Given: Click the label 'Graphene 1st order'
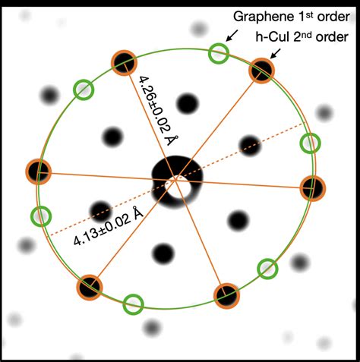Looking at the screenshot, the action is point(292,17).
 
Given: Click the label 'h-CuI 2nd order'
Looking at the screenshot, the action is point(302,37).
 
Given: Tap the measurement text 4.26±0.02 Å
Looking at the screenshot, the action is point(158,112).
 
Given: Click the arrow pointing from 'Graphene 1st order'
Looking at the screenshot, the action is point(232,36).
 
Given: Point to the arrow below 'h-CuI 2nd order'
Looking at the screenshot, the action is point(275,54).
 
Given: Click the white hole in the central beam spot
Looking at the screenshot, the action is point(175,187).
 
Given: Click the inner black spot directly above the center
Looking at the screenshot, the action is point(188,103).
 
